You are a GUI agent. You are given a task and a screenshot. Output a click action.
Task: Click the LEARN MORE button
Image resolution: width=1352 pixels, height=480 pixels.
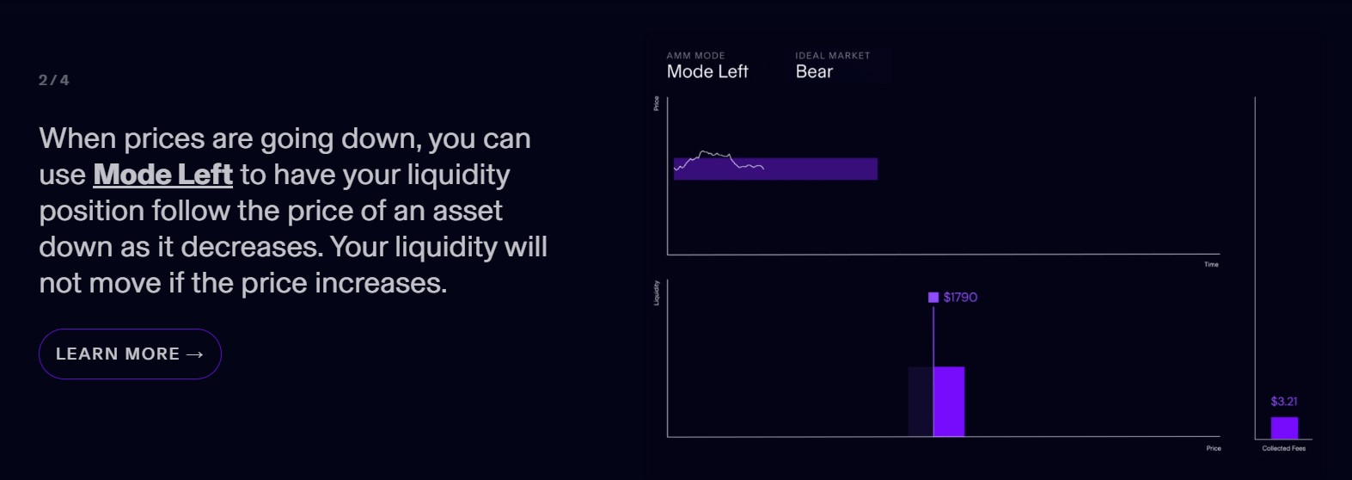(130, 354)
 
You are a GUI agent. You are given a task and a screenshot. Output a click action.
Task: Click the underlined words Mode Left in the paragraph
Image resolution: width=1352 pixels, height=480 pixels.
(162, 175)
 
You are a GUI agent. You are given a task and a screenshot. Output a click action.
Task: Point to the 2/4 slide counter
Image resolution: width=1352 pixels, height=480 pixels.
(53, 80)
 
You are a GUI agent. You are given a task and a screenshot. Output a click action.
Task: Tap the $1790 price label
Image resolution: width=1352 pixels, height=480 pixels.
(960, 298)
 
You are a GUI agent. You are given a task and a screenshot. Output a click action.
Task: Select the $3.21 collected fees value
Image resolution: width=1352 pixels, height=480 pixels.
(1284, 402)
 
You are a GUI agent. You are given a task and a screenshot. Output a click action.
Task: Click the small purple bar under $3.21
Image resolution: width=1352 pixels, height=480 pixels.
(1284, 428)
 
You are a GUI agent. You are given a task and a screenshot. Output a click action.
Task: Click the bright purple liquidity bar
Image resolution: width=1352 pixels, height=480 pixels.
(949, 402)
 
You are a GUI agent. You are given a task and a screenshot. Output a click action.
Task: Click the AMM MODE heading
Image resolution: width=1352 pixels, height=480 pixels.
(695, 56)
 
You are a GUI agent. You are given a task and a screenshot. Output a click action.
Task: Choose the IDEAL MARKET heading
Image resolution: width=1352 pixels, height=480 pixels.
(832, 56)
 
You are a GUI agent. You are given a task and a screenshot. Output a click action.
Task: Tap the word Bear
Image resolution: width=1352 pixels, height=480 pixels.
(814, 72)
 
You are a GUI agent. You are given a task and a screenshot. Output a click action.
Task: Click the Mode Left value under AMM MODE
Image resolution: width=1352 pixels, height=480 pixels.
(707, 72)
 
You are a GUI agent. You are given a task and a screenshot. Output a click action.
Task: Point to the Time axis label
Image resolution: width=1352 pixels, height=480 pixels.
(1211, 264)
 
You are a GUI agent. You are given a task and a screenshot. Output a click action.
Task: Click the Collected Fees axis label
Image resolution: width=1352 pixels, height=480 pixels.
(1283, 448)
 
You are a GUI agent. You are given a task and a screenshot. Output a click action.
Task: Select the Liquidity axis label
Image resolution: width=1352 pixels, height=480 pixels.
(657, 292)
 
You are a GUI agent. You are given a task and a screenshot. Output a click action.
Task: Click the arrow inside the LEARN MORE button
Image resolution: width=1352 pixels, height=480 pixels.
(194, 354)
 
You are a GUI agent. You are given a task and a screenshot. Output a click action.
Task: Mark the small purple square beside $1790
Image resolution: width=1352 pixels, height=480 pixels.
(933, 298)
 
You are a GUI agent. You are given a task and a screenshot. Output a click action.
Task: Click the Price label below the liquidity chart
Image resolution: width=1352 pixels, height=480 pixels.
(1214, 448)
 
